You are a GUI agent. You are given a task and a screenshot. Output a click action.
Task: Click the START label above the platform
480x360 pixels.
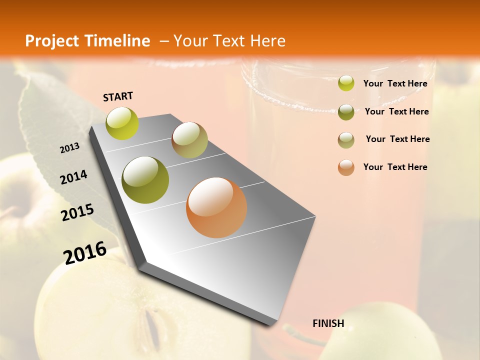[x=118, y=96]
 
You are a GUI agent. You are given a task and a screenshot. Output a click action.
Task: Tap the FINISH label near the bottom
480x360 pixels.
[x=328, y=323]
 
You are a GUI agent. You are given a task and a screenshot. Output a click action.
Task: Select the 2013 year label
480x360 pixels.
[x=69, y=148]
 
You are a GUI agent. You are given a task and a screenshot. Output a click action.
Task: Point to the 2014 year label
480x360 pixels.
[x=73, y=177]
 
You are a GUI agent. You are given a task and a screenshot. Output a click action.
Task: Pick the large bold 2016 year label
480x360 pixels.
[x=85, y=253]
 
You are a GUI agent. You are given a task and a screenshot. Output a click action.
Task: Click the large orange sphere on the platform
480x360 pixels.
[x=216, y=207]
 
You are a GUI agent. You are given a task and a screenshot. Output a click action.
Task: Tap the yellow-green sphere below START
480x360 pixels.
[x=122, y=123]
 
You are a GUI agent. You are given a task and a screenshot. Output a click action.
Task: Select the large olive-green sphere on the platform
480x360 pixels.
[x=145, y=180]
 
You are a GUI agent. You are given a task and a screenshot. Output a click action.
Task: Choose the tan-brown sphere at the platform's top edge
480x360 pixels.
[x=189, y=140]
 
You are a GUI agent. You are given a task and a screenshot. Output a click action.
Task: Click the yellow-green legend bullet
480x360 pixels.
[x=346, y=83]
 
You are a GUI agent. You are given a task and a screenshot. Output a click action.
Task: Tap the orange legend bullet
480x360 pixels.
[x=346, y=167]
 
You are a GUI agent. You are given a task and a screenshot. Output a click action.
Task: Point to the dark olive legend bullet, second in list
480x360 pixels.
[x=346, y=112]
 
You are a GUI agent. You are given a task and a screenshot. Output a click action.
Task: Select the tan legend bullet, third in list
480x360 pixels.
[x=346, y=140]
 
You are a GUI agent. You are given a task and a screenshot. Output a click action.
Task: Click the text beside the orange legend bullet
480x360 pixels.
[x=395, y=167]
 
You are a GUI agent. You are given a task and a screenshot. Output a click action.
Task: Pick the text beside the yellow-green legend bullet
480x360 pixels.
[x=395, y=83]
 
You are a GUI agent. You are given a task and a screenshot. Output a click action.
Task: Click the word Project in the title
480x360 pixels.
[x=52, y=41]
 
